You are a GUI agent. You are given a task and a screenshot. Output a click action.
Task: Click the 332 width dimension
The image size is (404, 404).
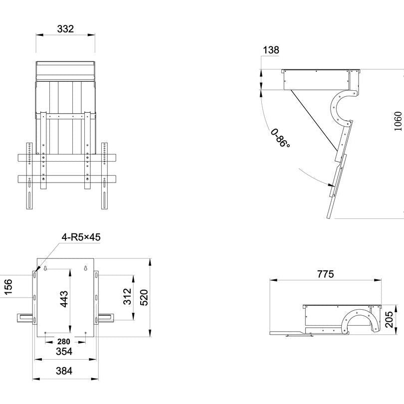pyautogui.click(x=65, y=29)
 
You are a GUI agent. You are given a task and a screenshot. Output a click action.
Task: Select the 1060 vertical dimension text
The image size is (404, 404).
pyautogui.click(x=398, y=121)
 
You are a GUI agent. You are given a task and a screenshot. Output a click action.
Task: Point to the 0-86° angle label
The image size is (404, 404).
pyautogui.click(x=280, y=138)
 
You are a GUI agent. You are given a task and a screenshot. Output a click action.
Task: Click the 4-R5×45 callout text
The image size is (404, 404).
pyautogui.click(x=81, y=237)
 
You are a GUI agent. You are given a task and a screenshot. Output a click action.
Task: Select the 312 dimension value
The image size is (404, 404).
pyautogui.click(x=127, y=296)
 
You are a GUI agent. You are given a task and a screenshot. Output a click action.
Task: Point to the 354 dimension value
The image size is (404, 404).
pyautogui.click(x=64, y=352)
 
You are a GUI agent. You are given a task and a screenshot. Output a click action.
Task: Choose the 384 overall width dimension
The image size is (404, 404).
pyautogui.click(x=64, y=371)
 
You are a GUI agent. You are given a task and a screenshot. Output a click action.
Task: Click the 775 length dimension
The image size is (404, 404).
pyautogui.click(x=325, y=274)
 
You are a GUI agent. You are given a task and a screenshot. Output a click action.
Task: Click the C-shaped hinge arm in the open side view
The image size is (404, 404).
pyautogui.click(x=339, y=107)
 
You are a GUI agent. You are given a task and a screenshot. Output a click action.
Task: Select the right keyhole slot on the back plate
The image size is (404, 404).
pyautogui.click(x=85, y=269)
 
